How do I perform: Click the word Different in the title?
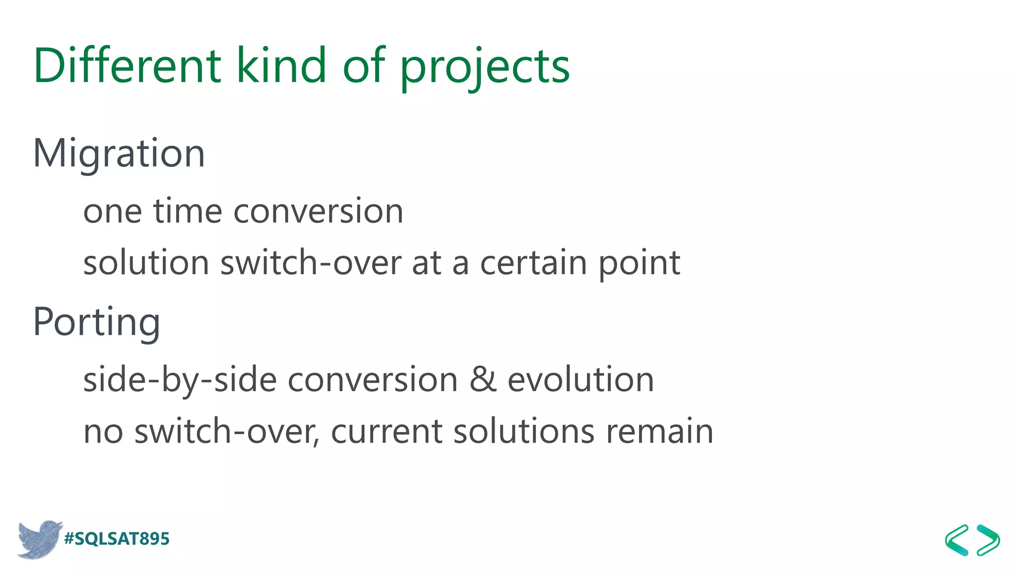127,66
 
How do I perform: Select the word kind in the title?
281,66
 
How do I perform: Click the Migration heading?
119,153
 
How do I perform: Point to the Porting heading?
97,322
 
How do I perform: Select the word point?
639,263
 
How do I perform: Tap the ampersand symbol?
483,379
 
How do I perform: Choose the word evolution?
580,379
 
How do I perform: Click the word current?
386,431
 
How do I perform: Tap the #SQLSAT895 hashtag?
117,539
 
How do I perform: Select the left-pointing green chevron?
957,540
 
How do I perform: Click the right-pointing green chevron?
988,540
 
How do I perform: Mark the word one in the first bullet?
113,212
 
